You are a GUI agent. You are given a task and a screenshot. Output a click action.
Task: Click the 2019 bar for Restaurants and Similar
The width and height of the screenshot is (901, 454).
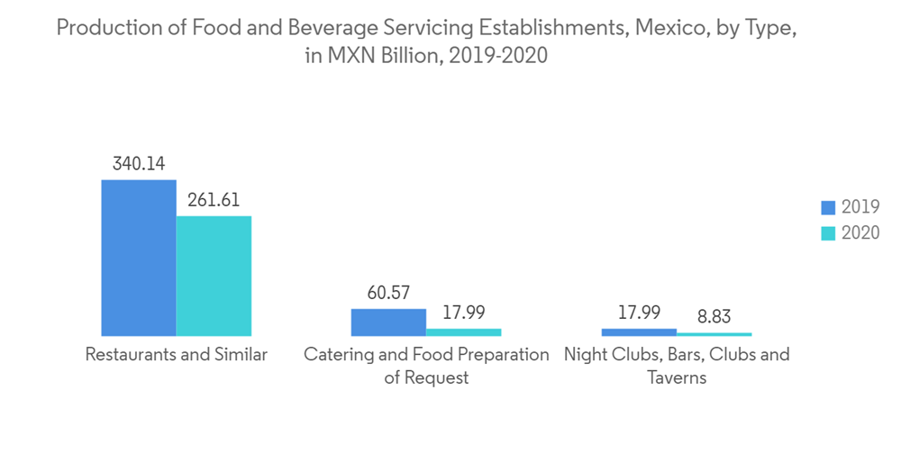[139, 258]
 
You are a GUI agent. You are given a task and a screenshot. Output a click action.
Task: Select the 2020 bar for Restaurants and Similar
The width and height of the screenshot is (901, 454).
[214, 276]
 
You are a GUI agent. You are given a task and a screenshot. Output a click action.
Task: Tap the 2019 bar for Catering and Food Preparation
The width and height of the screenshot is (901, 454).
[388, 322]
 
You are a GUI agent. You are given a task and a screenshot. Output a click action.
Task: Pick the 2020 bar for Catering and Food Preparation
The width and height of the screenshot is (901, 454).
[463, 332]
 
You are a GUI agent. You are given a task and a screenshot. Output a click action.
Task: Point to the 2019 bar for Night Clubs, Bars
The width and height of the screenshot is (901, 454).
[639, 332]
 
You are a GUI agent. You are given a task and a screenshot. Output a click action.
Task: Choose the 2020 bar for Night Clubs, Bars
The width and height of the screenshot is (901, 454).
[714, 334]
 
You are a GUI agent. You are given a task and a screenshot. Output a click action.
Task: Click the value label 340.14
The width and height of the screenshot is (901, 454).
[139, 164]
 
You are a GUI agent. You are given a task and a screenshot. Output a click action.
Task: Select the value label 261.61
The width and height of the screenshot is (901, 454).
[214, 200]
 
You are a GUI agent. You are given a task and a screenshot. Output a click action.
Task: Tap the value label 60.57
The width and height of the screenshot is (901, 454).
[388, 293]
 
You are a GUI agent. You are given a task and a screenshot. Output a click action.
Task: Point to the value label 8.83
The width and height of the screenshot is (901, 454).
[714, 316]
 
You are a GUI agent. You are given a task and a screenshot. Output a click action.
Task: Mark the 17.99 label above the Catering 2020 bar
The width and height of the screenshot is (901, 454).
[463, 313]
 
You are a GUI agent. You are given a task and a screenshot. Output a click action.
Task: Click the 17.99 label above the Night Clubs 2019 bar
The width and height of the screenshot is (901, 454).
[639, 313]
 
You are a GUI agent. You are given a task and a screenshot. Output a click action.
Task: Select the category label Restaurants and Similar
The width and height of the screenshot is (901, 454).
[176, 355]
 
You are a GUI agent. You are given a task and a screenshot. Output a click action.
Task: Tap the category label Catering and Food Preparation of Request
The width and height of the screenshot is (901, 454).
[426, 366]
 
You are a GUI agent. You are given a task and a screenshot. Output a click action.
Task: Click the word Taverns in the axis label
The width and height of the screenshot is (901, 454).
[677, 377]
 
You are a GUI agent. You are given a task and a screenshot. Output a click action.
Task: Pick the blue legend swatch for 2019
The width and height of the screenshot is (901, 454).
[828, 207]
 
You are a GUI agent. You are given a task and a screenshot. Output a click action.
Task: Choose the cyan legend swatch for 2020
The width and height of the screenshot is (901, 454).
[828, 232]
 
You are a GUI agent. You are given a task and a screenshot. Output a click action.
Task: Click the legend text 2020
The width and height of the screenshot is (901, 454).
[860, 232]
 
